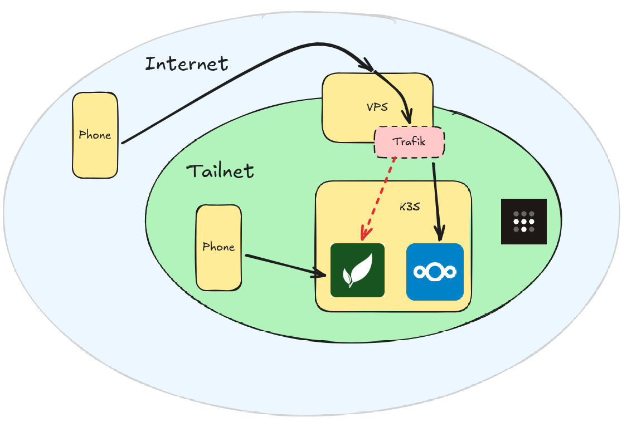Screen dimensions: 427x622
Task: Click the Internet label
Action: (186, 63)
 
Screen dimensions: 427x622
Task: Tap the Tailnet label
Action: (220, 170)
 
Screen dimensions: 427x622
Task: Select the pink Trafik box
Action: (409, 142)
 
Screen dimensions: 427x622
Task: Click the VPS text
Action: (377, 107)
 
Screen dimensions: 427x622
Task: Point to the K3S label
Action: (410, 207)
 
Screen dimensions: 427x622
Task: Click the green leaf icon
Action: (357, 270)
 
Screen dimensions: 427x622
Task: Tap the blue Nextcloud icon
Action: (435, 272)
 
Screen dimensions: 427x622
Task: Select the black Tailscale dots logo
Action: (523, 221)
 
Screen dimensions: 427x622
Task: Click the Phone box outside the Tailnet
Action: (95, 135)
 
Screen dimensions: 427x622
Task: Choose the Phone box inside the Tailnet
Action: (218, 247)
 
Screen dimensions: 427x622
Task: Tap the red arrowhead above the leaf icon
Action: (365, 234)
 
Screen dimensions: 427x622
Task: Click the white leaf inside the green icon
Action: (357, 269)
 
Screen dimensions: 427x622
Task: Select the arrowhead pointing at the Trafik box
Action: (409, 117)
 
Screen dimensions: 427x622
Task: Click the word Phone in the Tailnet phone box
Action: (218, 247)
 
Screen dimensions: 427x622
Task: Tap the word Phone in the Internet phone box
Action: (95, 135)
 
